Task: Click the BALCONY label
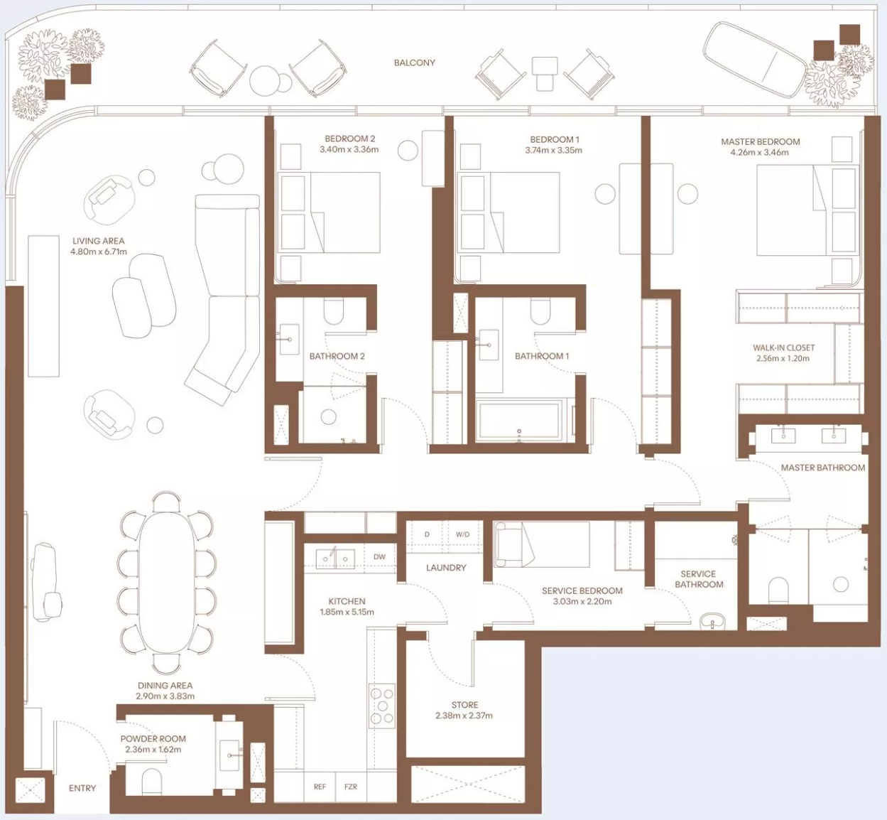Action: pyautogui.click(x=414, y=63)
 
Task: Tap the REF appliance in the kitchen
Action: pyautogui.click(x=320, y=787)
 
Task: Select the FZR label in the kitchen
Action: pyautogui.click(x=351, y=787)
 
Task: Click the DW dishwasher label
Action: pyautogui.click(x=380, y=556)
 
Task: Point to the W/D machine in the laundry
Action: pyautogui.click(x=463, y=534)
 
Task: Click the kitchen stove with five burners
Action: pyautogui.click(x=382, y=706)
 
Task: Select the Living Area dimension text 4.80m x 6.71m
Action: pyautogui.click(x=99, y=252)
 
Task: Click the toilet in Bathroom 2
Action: pyautogui.click(x=334, y=311)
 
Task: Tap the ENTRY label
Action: pyautogui.click(x=82, y=788)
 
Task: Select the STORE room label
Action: pyautogui.click(x=464, y=705)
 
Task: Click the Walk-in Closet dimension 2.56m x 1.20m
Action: pyautogui.click(x=783, y=358)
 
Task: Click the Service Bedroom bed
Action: pyautogui.click(x=542, y=544)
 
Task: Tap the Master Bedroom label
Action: pyautogui.click(x=760, y=141)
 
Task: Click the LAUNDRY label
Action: pyautogui.click(x=446, y=567)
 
